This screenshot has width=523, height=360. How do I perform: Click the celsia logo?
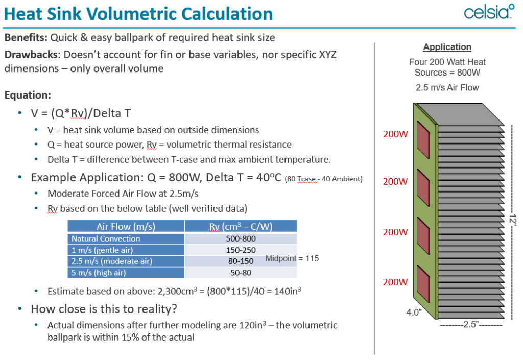click(488, 13)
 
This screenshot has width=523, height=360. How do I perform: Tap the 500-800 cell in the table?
click(241, 238)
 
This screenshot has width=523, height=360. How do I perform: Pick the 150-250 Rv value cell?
click(241, 250)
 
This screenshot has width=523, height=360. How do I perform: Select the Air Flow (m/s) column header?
click(126, 226)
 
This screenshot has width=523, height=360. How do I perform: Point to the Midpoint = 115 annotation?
click(292, 258)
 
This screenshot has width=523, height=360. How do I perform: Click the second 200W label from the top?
click(395, 182)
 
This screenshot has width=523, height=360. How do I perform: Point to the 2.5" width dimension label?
click(470, 324)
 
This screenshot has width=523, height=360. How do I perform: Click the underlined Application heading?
click(447, 47)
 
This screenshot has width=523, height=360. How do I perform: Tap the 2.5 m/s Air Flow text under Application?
click(447, 87)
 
